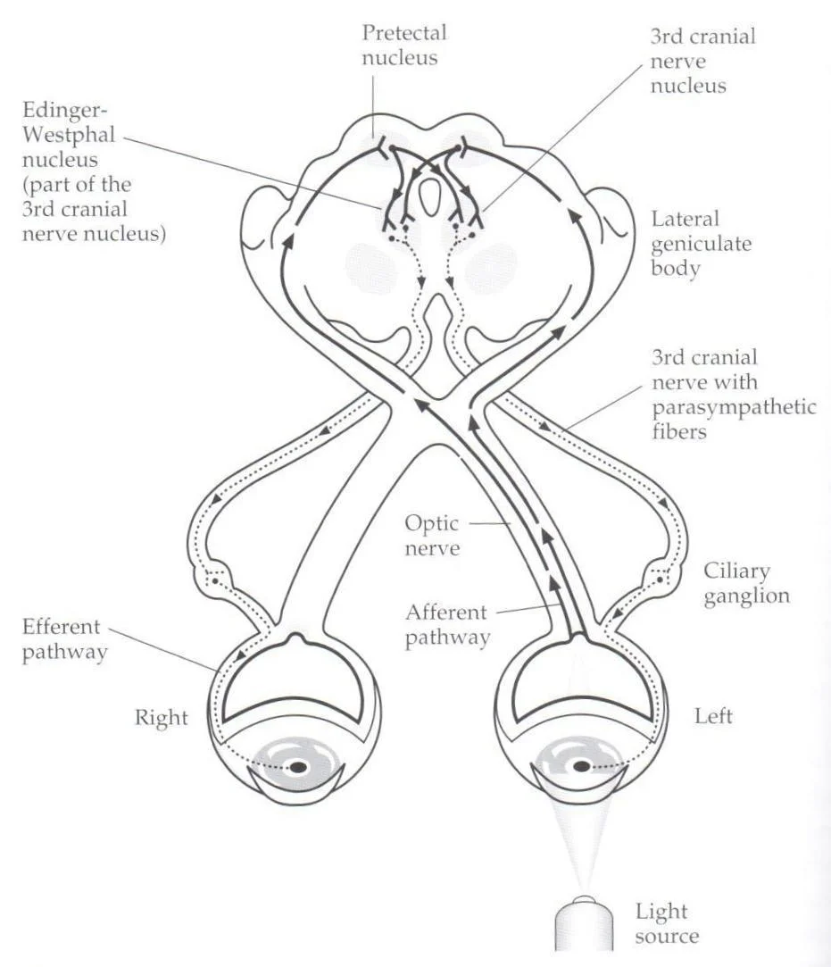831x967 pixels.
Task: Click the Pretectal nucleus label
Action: (403, 45)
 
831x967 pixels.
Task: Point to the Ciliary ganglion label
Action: (746, 583)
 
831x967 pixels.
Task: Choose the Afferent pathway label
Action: (447, 625)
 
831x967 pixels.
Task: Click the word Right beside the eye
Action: (162, 717)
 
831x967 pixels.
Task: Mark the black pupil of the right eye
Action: (298, 766)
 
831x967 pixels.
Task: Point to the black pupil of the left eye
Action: (582, 766)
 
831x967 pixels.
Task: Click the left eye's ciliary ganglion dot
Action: (659, 580)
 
